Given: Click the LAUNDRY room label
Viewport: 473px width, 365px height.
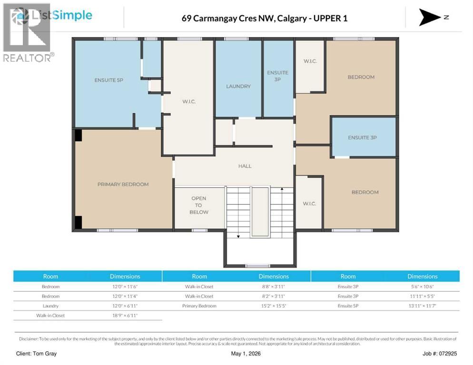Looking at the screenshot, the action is point(238,86).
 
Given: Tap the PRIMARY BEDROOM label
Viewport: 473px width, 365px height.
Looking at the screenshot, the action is point(123,184).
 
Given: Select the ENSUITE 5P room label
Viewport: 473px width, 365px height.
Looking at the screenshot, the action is point(108,80).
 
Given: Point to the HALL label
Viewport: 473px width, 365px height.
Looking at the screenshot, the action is point(245,166).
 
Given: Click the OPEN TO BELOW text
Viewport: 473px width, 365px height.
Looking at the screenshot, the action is point(199,205).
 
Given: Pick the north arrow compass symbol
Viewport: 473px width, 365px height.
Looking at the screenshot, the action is point(430,17).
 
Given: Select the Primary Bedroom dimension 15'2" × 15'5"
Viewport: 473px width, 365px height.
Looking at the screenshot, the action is point(274,306).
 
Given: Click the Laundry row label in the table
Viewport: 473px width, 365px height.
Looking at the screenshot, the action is point(50,306).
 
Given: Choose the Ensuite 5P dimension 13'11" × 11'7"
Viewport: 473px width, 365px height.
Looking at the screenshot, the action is point(423,306).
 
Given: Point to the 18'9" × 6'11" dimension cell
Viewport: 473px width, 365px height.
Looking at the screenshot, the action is point(125,316).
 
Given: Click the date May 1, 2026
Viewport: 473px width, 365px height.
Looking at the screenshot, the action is point(246,354).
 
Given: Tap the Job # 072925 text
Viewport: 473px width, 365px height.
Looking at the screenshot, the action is point(440,354).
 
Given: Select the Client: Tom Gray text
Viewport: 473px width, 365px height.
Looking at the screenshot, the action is point(36,354).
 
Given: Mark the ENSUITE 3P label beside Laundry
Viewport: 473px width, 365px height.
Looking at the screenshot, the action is point(277,76).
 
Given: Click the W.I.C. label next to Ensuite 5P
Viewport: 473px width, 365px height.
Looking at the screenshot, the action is point(189,102).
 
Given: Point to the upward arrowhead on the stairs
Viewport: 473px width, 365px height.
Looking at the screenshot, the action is point(282,189).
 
